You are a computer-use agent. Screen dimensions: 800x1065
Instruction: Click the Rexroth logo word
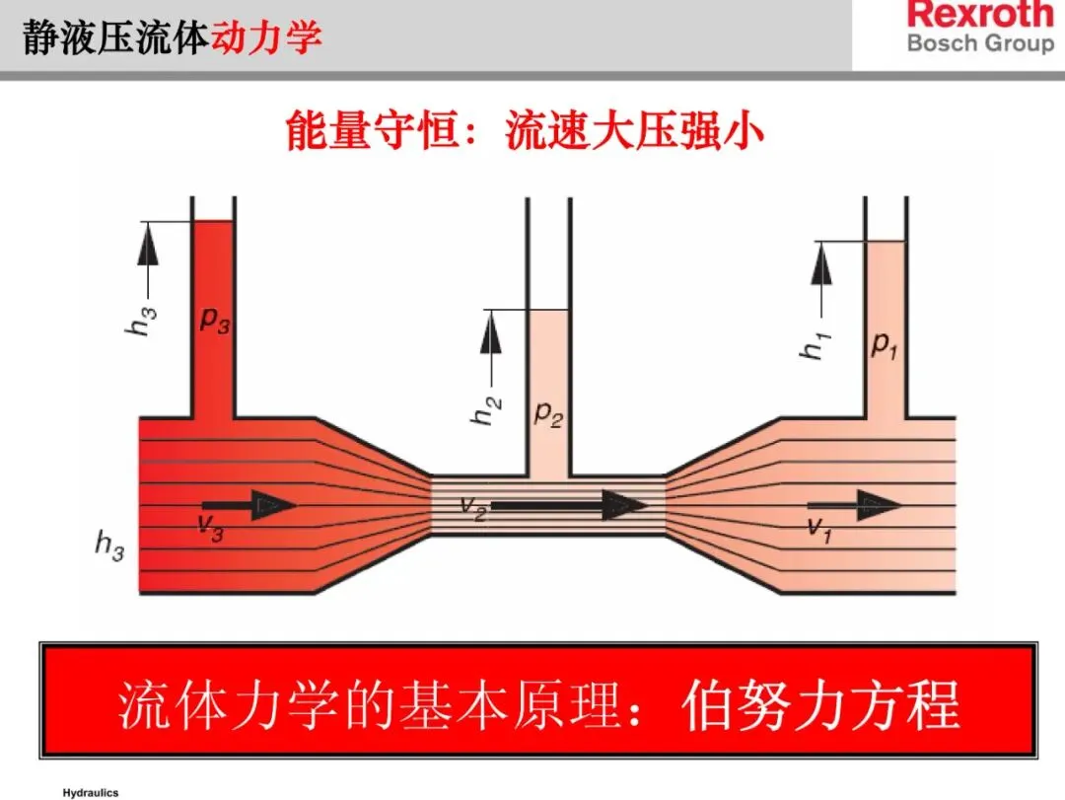coord(980,15)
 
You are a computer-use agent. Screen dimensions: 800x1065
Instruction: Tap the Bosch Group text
coord(980,43)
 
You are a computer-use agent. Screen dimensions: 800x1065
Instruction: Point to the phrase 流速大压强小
coord(635,130)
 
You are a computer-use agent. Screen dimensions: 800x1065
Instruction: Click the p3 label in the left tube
coord(214,320)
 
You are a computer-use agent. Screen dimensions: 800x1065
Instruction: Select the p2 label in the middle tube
coord(548,413)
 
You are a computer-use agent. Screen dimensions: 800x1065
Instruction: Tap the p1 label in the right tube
coord(884,345)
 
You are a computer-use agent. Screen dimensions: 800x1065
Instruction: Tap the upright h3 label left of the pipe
coord(109,545)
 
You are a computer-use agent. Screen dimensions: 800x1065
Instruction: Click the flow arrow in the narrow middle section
coord(569,505)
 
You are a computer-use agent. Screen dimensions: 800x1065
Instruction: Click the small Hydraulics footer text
coord(91,792)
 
